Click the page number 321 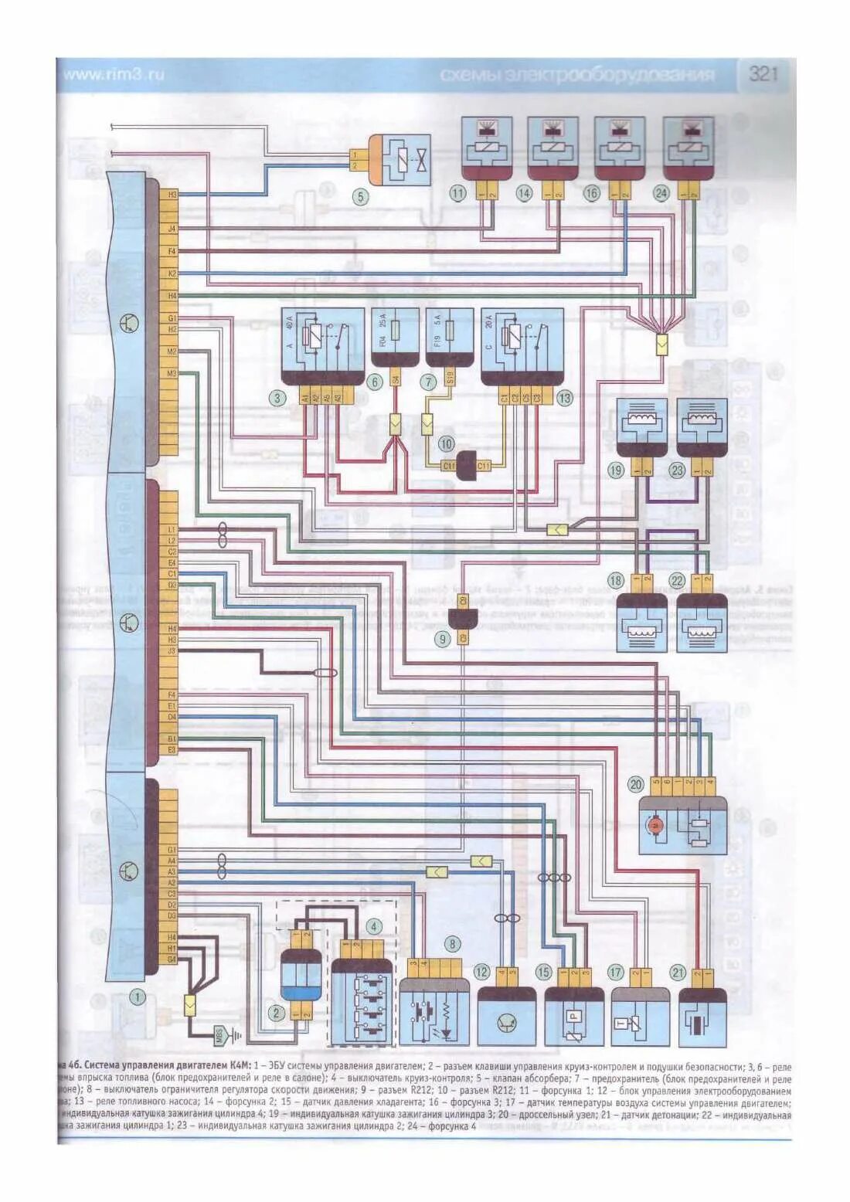(x=763, y=74)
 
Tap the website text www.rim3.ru (x=114, y=75)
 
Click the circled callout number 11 (x=458, y=192)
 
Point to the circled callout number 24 (x=661, y=192)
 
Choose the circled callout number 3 (x=277, y=399)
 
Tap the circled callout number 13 (x=565, y=399)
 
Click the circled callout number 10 (x=446, y=443)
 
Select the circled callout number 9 (x=443, y=639)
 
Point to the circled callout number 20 (x=635, y=784)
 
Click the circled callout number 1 (x=137, y=997)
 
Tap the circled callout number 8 (x=453, y=943)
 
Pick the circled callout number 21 (x=678, y=973)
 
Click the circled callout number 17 (x=615, y=973)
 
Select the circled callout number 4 (x=374, y=926)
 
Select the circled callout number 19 (x=616, y=470)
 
